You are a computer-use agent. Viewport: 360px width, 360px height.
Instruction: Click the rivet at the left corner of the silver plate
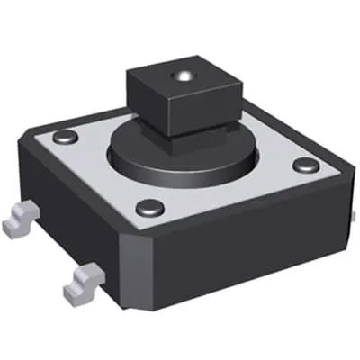64,137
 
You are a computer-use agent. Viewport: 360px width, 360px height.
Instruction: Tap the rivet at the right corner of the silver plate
306,166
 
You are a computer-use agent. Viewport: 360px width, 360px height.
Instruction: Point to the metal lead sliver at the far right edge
355,216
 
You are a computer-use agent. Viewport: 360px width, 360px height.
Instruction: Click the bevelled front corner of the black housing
135,261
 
